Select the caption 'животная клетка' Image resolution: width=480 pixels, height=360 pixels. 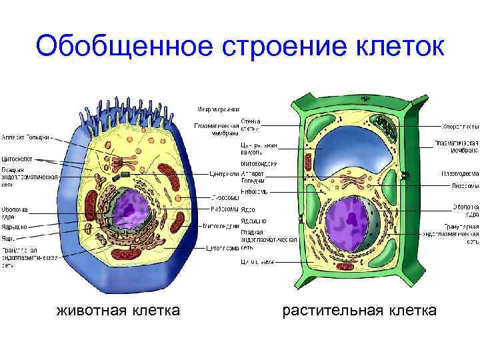[119, 310]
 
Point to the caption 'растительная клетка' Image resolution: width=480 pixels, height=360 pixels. [360, 310]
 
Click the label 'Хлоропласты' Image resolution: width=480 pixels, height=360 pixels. [460, 126]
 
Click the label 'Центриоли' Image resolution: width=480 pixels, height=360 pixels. [225, 175]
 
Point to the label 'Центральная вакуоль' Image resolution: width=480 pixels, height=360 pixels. [257, 148]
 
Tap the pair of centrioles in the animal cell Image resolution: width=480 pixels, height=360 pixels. [125, 175]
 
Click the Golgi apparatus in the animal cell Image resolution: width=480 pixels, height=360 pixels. [124, 161]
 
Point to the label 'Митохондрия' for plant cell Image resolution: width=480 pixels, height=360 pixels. [257, 164]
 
